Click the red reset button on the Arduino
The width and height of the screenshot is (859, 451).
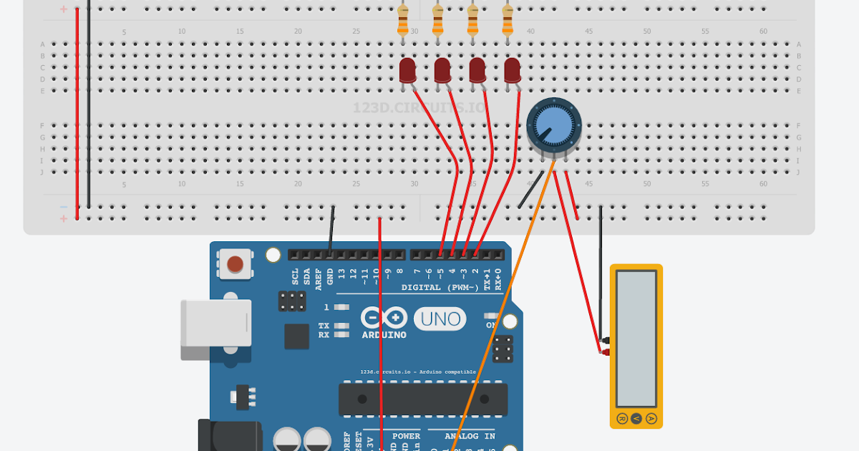point(234,265)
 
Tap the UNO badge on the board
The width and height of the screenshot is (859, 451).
point(440,319)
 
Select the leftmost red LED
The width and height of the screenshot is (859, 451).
point(407,70)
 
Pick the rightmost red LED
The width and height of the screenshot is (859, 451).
point(512,70)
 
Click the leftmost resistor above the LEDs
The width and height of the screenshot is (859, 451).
point(403,21)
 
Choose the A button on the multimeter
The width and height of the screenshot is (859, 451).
point(651,418)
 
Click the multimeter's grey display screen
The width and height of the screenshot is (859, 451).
point(636,338)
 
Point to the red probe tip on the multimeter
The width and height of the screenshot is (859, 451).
point(603,351)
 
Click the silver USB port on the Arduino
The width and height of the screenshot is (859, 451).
point(215,329)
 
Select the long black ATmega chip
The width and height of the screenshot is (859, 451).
point(422,399)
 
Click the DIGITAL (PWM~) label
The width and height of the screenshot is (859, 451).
point(441,288)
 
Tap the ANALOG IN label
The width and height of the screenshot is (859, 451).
point(470,435)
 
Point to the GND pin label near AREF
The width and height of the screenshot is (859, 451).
point(330,274)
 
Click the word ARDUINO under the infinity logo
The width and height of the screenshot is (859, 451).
point(384,335)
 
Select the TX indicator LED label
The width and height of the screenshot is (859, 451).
point(324,326)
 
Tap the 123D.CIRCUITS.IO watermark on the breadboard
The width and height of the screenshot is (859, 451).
point(419,108)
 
